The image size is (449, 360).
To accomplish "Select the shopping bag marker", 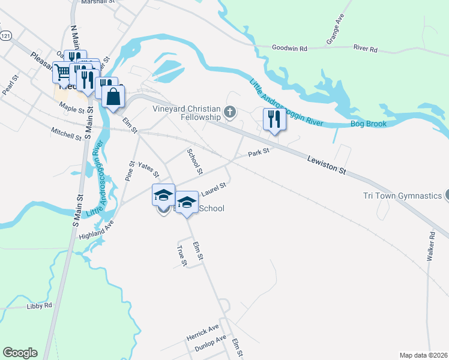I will coord(113,97).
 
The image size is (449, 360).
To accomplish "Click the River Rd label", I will coord(365,49).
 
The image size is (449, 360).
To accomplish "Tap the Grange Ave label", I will coord(334,29).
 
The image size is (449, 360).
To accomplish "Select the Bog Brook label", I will coord(369,124).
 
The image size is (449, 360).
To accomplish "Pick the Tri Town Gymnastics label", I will coord(402,196).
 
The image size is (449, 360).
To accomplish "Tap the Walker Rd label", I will coord(430,247).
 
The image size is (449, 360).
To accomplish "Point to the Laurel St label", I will coord(213,189).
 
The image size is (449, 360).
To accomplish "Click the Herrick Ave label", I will coord(203,331).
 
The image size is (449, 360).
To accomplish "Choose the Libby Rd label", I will coord(40,306).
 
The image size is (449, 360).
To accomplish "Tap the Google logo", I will coord(19,353).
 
